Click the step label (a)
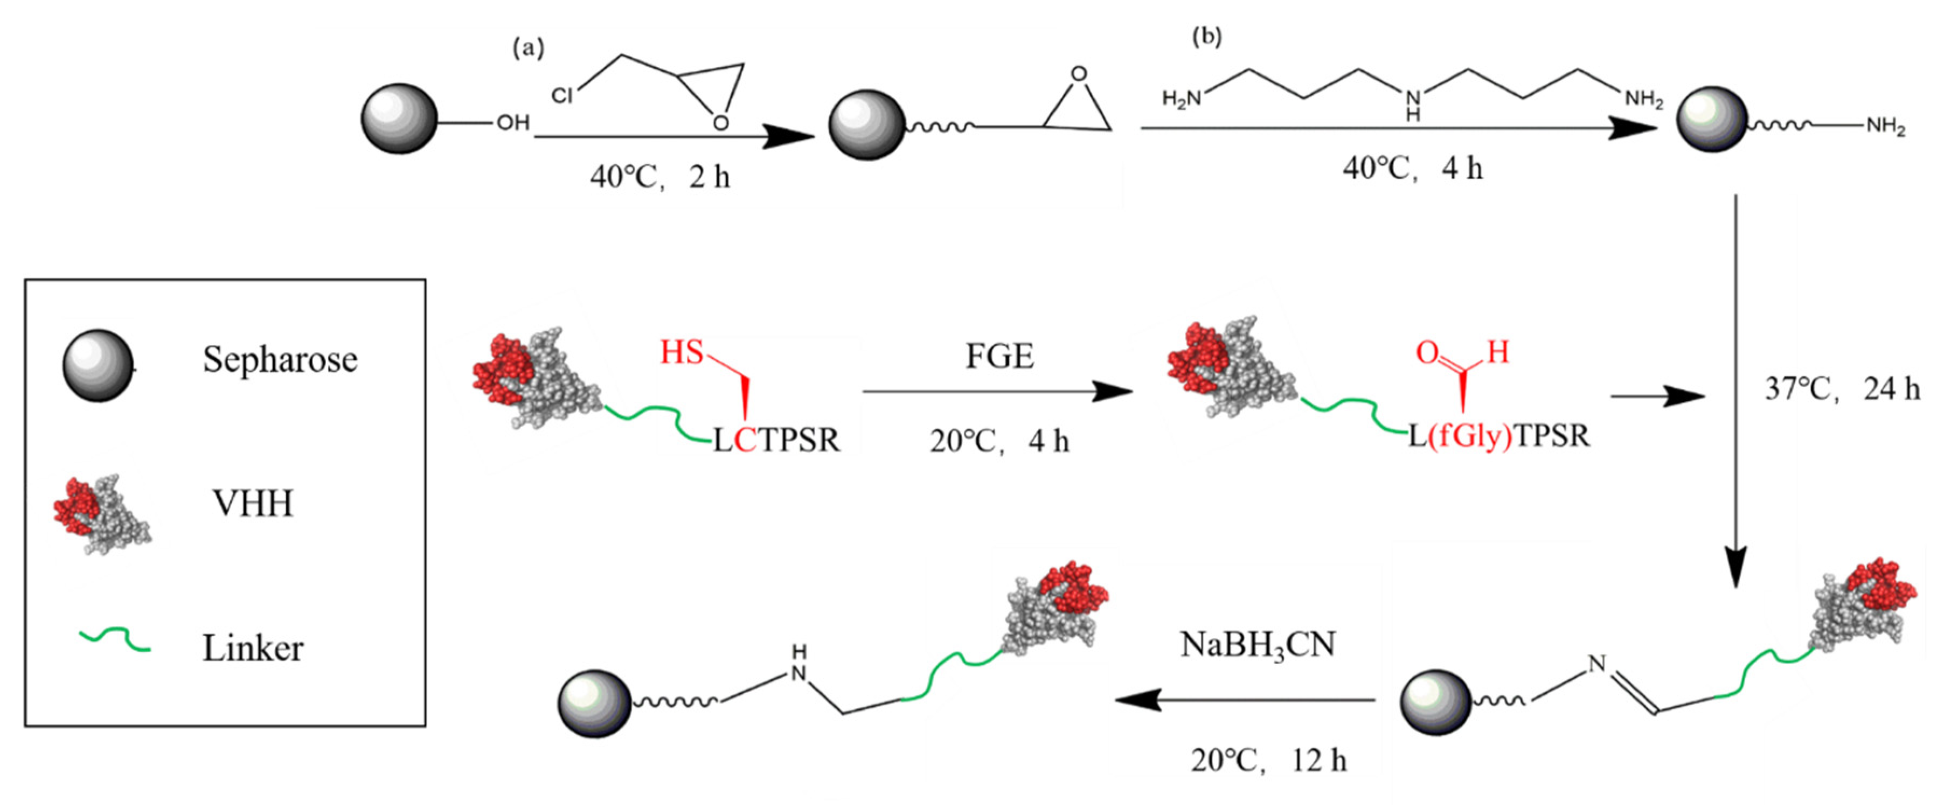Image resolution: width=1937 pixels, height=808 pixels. tap(528, 47)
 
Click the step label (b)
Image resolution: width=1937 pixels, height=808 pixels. tap(1207, 36)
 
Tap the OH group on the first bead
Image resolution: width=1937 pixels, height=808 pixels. tap(513, 122)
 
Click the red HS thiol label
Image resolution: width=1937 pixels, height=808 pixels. tap(681, 352)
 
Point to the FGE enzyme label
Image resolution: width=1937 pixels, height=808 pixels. tap(999, 356)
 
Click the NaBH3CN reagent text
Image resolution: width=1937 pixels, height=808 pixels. tap(1257, 645)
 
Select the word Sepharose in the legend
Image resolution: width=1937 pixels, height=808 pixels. tap(280, 359)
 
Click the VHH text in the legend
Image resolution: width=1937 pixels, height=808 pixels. tap(253, 503)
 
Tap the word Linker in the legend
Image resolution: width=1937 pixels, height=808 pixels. tap(253, 648)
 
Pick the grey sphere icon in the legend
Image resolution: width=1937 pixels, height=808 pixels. tap(98, 365)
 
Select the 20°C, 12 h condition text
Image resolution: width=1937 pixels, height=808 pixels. tap(1268, 761)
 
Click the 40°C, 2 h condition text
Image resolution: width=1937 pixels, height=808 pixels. tap(659, 177)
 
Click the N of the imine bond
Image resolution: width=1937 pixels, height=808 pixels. tap(1596, 663)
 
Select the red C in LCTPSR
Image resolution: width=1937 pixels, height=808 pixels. tap(745, 440)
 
